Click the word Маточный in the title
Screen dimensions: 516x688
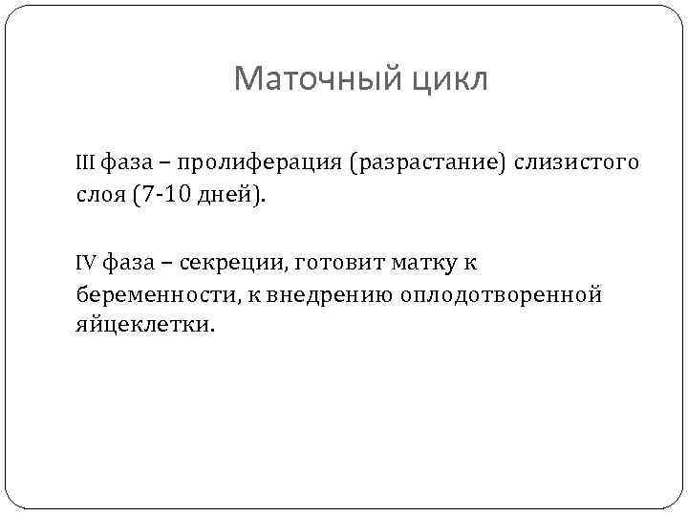[x=312, y=79]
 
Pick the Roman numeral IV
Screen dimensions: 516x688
[x=87, y=261]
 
